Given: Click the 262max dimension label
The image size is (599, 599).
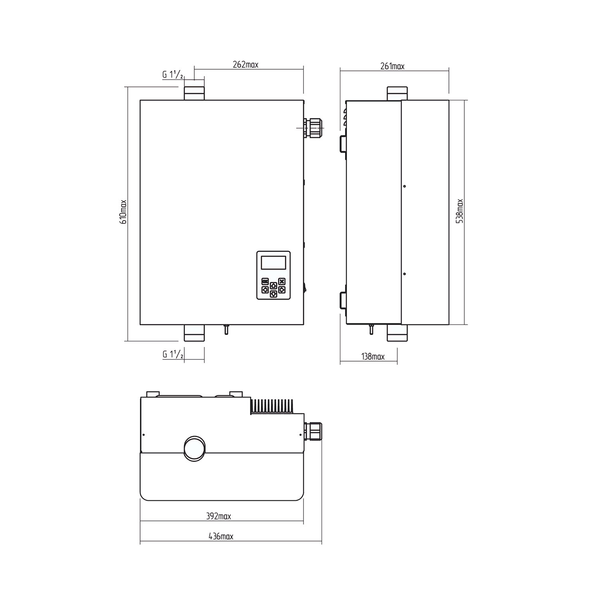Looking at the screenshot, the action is [x=246, y=65].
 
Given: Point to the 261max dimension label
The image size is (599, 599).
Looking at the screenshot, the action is [x=392, y=66].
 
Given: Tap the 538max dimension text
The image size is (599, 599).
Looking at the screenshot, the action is [x=460, y=211].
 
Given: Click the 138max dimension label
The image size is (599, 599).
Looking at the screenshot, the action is [x=373, y=357].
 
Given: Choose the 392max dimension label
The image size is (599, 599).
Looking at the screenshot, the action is [x=218, y=516].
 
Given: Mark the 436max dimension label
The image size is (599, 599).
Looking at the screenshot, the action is [x=220, y=536].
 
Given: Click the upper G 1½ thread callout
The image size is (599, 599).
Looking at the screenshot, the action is [x=173, y=75].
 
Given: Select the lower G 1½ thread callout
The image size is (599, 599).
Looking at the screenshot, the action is [x=173, y=355].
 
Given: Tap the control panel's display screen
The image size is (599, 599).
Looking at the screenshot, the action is [x=273, y=262].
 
